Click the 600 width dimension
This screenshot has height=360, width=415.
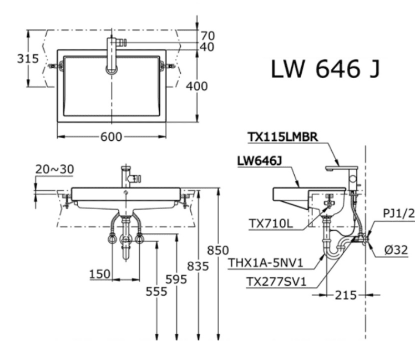(x=112, y=138)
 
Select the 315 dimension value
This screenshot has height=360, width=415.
(x=13, y=59)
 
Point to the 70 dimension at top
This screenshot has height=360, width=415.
(x=207, y=36)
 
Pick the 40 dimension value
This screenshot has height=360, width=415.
(x=207, y=47)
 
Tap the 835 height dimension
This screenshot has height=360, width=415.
(x=198, y=267)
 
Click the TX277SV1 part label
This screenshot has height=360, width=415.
(x=276, y=282)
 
